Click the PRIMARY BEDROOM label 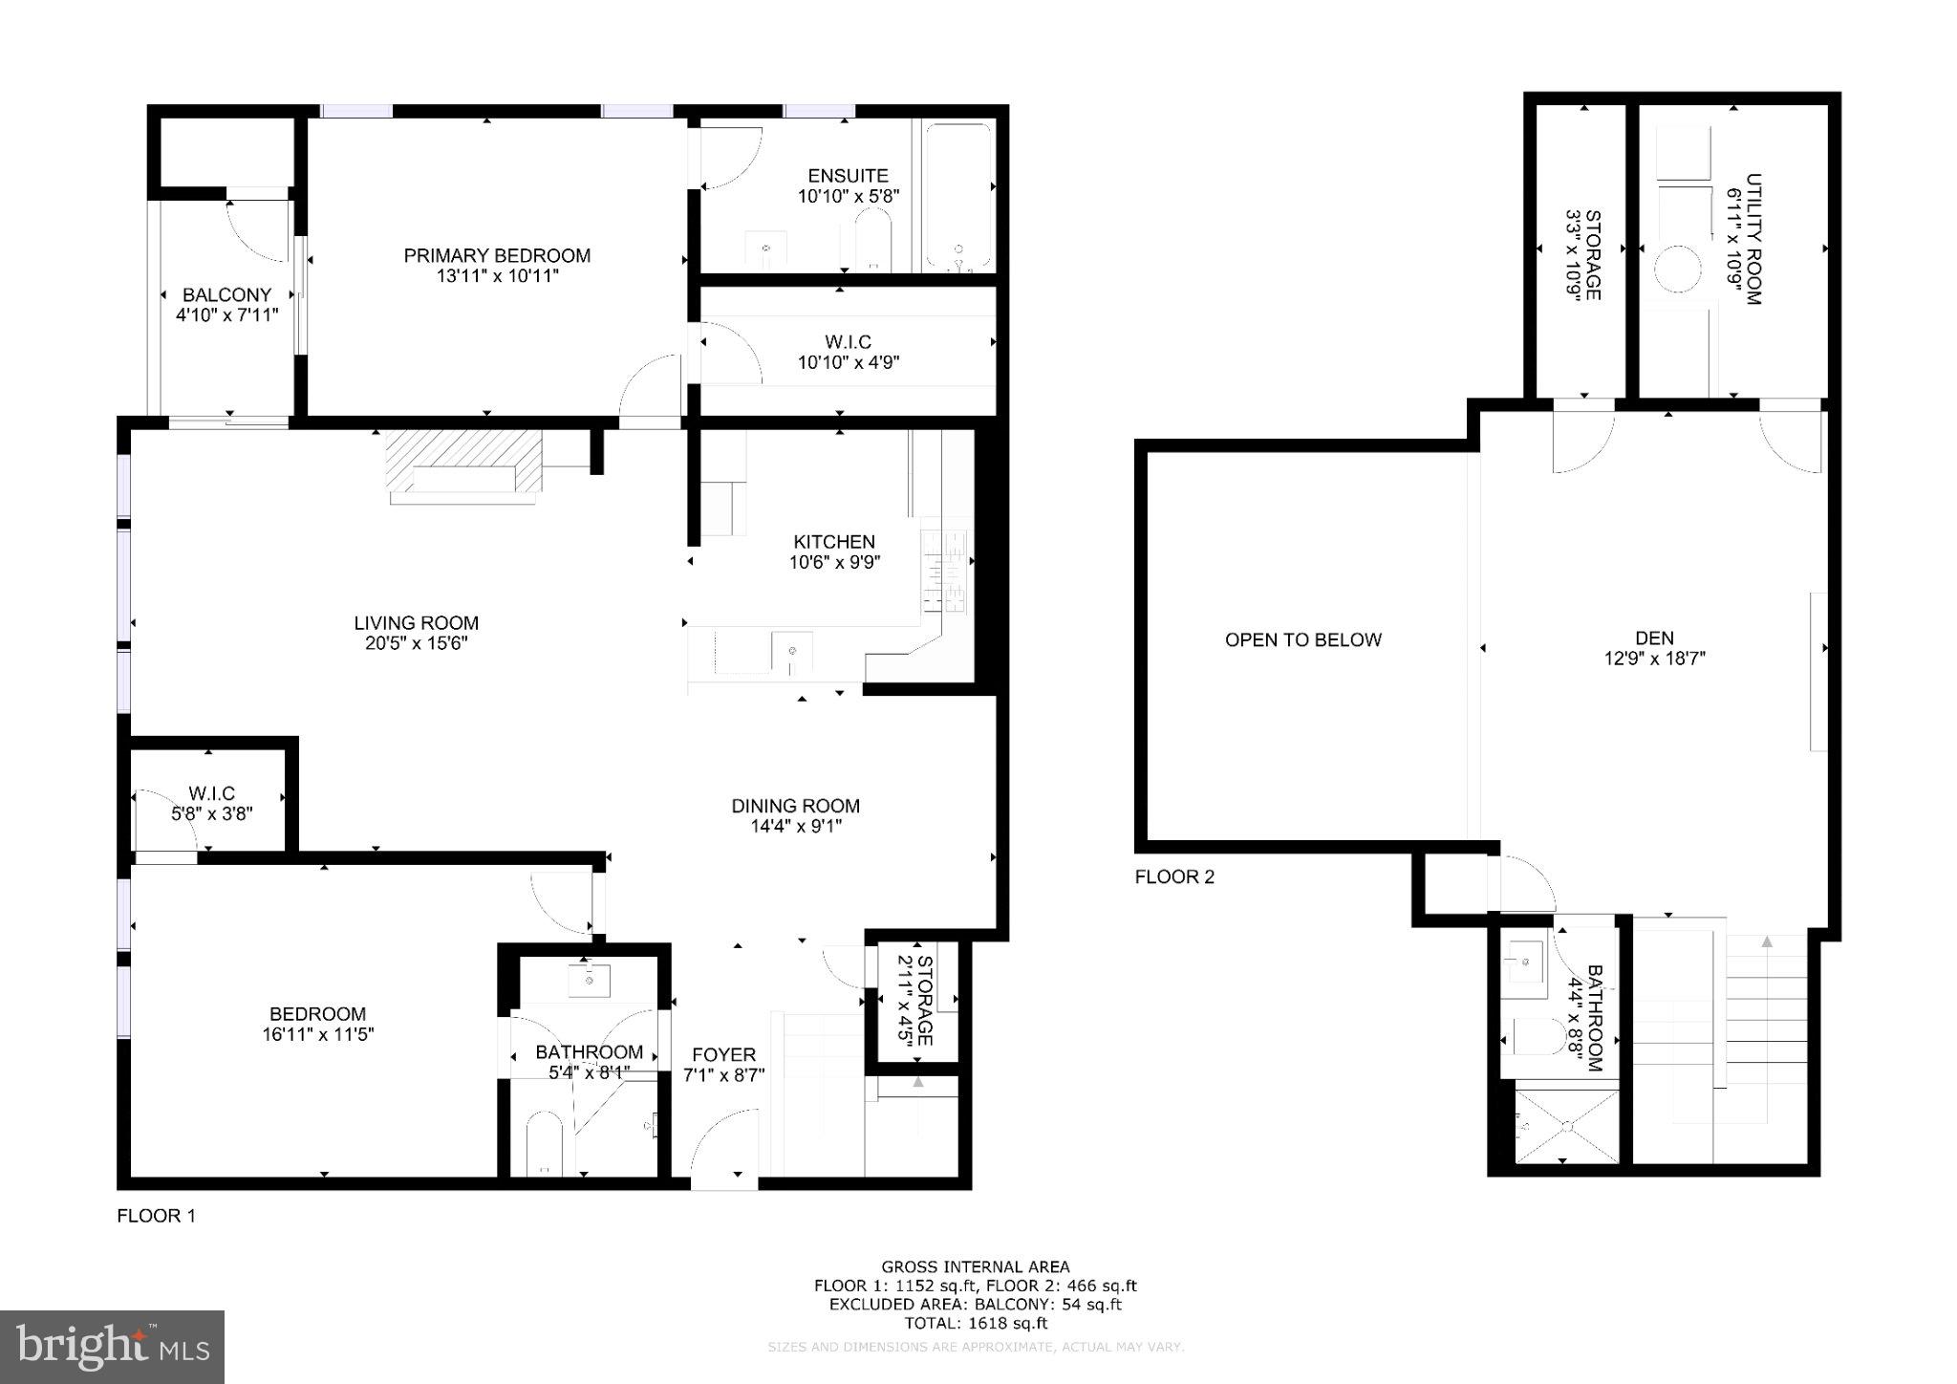[x=497, y=255]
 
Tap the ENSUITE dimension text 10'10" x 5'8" [x=849, y=197]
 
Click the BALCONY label [x=227, y=294]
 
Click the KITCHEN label [x=834, y=542]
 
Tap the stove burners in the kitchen [x=943, y=572]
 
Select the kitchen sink [x=791, y=652]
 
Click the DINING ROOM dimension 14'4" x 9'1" [x=796, y=827]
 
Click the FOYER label [x=723, y=1054]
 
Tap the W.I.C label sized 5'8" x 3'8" [x=211, y=793]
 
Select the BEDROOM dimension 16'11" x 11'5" [x=317, y=1034]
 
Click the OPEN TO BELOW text [x=1303, y=639]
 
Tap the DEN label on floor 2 [x=1654, y=638]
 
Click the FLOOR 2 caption [x=1174, y=876]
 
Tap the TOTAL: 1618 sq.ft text [x=976, y=1324]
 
